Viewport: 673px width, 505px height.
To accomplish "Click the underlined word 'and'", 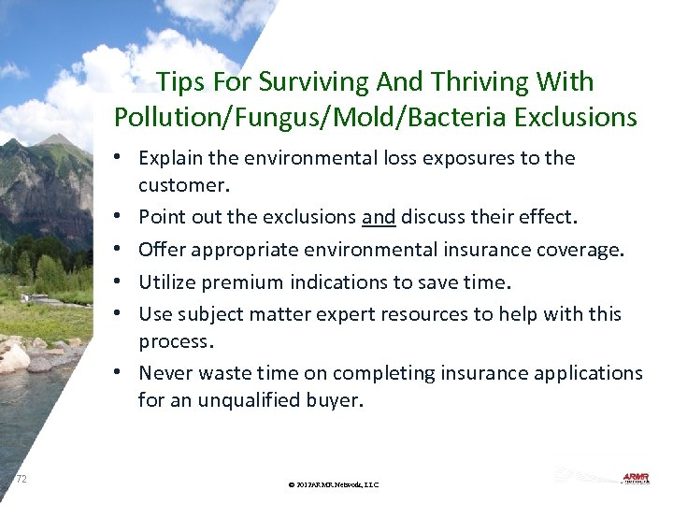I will point(379,218).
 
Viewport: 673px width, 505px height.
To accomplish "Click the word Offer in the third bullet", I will point(161,250).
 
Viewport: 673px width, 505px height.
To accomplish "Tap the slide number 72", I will point(21,479).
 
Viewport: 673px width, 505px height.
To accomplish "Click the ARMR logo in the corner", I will point(639,478).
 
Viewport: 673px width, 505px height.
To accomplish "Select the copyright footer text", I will point(334,484).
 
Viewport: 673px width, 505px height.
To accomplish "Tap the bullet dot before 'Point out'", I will point(124,218).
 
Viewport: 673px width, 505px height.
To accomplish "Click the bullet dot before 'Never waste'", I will point(124,373).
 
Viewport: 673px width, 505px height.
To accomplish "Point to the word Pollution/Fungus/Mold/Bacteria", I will point(319,118).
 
